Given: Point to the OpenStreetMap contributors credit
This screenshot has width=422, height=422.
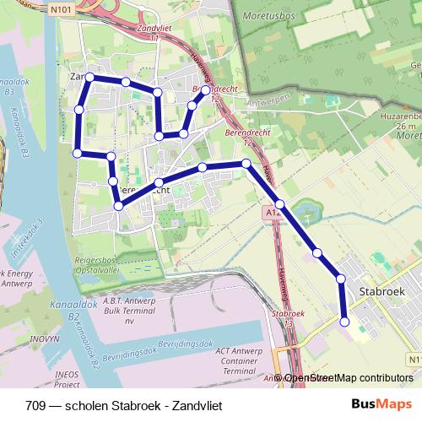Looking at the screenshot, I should click(x=349, y=378).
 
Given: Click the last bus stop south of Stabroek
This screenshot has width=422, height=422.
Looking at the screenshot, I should click(x=344, y=321).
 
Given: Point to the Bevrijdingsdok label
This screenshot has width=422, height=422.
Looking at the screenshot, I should click(x=183, y=343).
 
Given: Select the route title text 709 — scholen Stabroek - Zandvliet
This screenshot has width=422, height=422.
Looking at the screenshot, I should click(x=123, y=405).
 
